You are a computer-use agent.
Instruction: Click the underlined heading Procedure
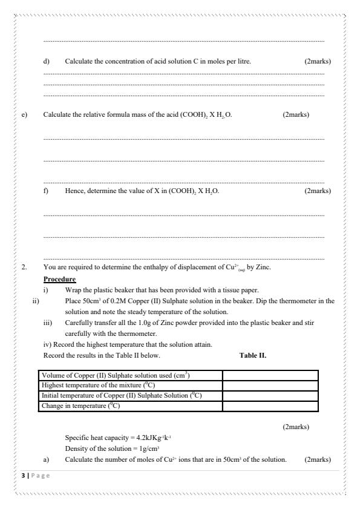point(60,279)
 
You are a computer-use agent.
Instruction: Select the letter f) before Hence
point(47,191)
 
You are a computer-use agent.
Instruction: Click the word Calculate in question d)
point(79,62)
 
